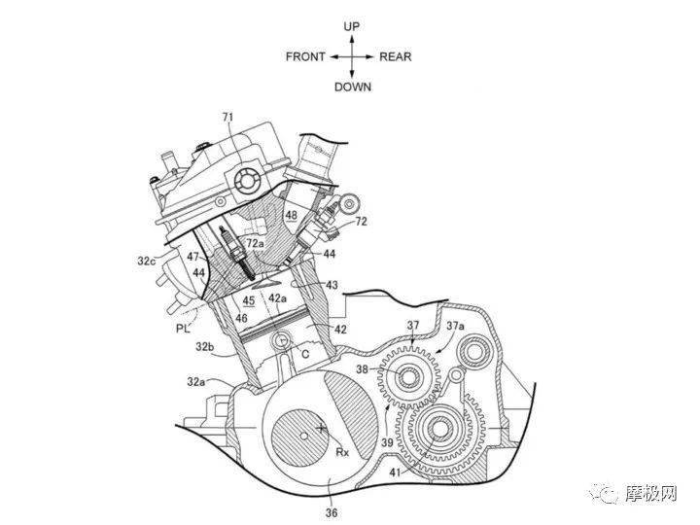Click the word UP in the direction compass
click(x=353, y=26)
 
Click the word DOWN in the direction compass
click(x=353, y=87)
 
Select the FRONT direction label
click(x=305, y=56)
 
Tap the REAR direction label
click(x=396, y=56)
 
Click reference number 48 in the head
click(x=291, y=214)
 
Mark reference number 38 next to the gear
click(x=364, y=369)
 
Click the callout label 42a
click(x=278, y=297)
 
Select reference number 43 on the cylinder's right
click(x=332, y=285)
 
